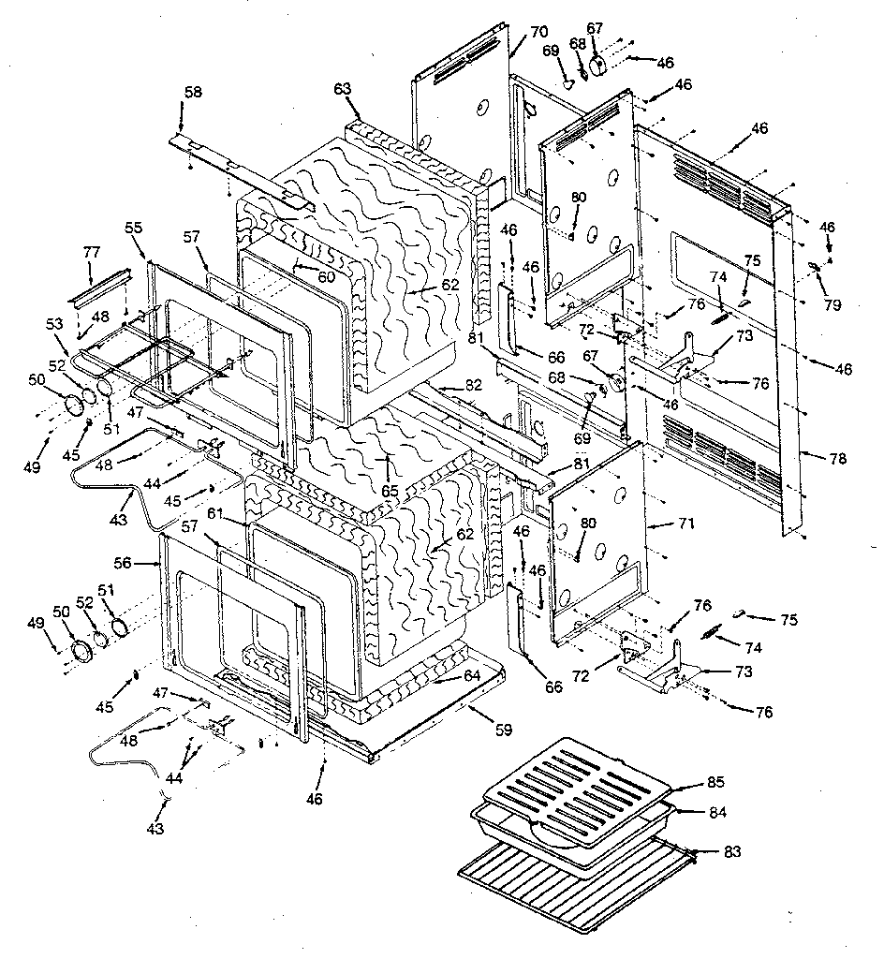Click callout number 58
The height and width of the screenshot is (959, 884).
[x=192, y=92]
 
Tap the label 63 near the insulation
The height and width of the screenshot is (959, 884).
[x=342, y=89]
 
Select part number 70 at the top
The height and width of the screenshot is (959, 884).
[x=538, y=31]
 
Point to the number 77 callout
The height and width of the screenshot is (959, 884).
[x=91, y=252]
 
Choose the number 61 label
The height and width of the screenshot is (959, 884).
[x=215, y=513]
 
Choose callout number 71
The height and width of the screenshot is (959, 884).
[x=686, y=524]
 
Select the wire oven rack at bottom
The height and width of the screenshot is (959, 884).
[x=571, y=890]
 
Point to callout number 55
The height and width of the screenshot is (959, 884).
[x=133, y=228]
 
